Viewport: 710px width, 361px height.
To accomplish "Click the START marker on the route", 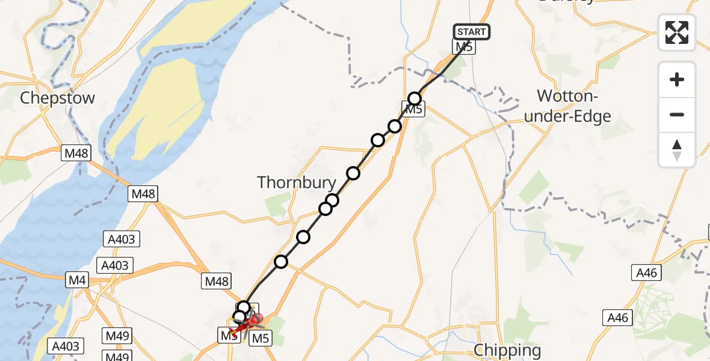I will pos(472,32).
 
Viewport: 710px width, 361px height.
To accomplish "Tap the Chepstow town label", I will pos(58,98).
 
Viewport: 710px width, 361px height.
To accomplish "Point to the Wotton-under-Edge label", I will pos(567,106).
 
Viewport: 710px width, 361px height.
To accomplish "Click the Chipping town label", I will pos(507,350).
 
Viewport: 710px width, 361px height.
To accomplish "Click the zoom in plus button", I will pos(677,79).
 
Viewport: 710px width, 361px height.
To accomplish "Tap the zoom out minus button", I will pos(677,114).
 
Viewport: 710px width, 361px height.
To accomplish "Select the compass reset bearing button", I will pos(677,149).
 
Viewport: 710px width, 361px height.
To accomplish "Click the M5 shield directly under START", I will pos(465,47).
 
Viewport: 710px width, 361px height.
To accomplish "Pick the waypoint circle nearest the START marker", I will pos(415,99).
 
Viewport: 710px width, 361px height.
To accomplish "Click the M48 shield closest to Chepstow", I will pos(76,153).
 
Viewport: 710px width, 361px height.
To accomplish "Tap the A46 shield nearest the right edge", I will pos(647,273).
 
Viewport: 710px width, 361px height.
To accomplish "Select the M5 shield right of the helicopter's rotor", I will pos(260,338).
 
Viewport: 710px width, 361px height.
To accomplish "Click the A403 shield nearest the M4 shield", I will pos(116,265).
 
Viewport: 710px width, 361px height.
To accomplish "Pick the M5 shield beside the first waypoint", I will pos(414,110).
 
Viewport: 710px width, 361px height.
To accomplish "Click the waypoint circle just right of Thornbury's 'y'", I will pos(332,200).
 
